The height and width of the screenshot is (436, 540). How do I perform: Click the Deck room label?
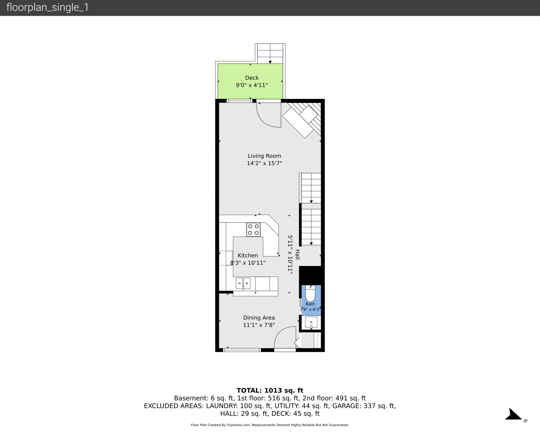[x=252, y=78]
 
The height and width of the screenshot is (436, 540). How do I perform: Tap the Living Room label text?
[x=265, y=156]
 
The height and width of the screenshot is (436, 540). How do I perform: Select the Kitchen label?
[x=248, y=255]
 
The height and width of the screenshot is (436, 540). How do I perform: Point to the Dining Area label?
[x=259, y=318]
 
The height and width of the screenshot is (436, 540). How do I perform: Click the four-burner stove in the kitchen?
[x=253, y=230]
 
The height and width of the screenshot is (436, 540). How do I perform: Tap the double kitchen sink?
[x=243, y=283]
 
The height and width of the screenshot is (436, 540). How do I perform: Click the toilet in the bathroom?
[x=310, y=293]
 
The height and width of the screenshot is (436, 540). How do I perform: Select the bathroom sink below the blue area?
[x=311, y=323]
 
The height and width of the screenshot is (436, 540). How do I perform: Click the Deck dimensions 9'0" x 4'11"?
[x=252, y=85]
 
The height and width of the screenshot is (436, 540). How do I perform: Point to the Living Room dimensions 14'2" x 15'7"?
[x=265, y=163]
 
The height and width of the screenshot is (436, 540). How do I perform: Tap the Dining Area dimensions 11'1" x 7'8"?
[x=259, y=325]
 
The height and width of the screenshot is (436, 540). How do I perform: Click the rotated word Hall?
[x=298, y=254]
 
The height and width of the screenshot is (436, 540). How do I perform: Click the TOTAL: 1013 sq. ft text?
[x=270, y=390]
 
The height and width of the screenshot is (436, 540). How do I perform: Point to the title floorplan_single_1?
[x=47, y=8]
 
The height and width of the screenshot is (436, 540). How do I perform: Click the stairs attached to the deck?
[x=270, y=53]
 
